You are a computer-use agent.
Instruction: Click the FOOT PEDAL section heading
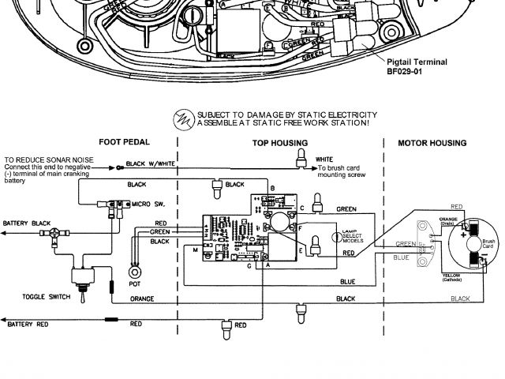[x=123, y=143]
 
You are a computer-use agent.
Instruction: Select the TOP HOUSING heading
[x=280, y=143]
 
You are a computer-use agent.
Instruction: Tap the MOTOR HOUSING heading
[x=431, y=143]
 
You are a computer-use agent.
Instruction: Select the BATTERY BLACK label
[x=27, y=223]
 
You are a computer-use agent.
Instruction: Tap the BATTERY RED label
[x=28, y=325]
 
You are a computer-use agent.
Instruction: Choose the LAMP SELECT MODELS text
[x=349, y=235]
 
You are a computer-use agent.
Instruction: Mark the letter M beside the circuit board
[x=195, y=250]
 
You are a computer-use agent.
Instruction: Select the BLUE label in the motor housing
[x=402, y=257]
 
